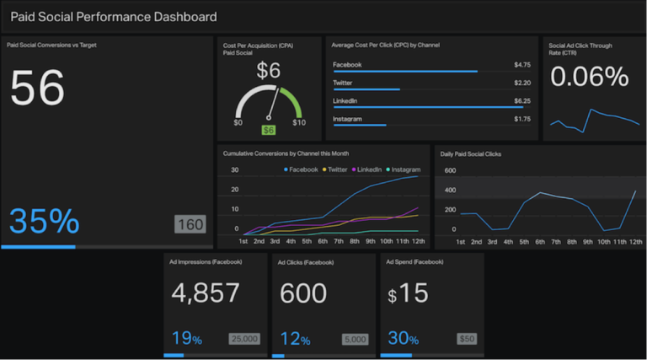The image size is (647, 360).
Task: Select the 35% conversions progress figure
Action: tap(44, 221)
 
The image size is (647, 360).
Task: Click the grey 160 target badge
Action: tap(190, 225)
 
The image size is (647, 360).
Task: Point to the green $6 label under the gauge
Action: tap(268, 130)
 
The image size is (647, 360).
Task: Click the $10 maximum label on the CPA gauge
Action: tap(298, 123)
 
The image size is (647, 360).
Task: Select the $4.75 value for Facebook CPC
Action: tap(521, 64)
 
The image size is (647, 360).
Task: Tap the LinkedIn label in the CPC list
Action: tap(345, 101)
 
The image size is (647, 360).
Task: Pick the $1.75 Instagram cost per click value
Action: tap(521, 119)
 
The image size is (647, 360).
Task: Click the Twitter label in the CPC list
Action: tap(342, 83)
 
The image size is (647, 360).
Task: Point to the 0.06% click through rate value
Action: tap(589, 77)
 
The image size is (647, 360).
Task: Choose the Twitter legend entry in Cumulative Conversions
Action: tap(336, 169)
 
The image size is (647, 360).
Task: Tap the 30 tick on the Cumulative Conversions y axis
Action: tap(234, 169)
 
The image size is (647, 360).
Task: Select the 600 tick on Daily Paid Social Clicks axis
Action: tap(450, 170)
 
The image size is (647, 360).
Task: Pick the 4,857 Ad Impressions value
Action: tap(206, 293)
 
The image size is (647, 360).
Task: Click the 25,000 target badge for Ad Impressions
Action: tap(244, 340)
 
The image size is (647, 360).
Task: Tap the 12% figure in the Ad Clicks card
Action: tap(294, 339)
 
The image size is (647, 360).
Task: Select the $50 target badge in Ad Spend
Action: tap(466, 340)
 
